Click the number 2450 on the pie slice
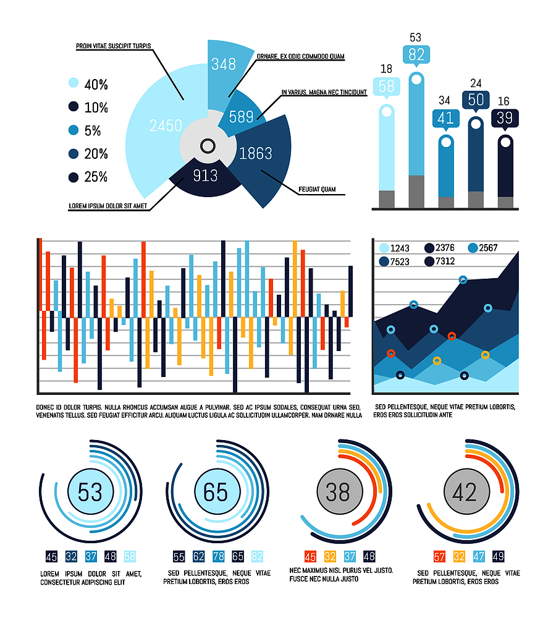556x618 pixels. click(x=166, y=126)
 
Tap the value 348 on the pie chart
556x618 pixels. click(x=224, y=64)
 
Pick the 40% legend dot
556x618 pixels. click(x=74, y=85)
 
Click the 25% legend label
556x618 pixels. click(x=96, y=177)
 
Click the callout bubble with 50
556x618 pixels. click(x=476, y=100)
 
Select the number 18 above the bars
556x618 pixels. click(x=386, y=69)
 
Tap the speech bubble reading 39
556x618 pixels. click(x=505, y=118)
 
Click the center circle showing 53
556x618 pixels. click(x=90, y=493)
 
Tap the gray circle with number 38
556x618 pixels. click(x=337, y=493)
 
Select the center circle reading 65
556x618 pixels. click(x=216, y=493)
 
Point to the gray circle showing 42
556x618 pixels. click(x=464, y=493)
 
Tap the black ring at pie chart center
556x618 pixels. click(x=208, y=146)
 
